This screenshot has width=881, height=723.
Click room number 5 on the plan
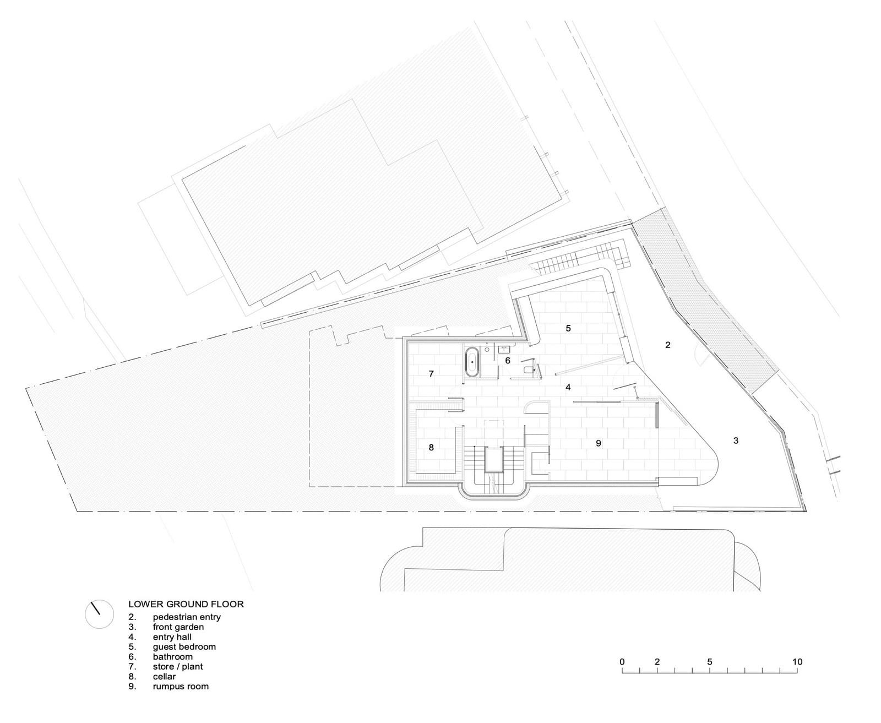click(568, 328)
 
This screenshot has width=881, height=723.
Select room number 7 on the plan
click(432, 374)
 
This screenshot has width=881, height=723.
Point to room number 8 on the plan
click(432, 447)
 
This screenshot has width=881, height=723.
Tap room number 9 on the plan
click(599, 443)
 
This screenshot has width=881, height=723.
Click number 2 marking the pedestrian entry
click(667, 345)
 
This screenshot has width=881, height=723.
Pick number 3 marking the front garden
click(736, 440)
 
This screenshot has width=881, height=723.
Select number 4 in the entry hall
click(568, 387)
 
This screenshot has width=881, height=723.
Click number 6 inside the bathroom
click(508, 361)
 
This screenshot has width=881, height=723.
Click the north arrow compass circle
click(100, 614)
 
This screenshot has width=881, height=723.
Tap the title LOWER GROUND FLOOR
click(186, 604)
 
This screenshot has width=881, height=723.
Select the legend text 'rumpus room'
click(181, 686)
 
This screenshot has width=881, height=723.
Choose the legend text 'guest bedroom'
click(184, 646)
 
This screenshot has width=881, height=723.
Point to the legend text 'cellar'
click(164, 676)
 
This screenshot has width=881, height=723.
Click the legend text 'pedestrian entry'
click(187, 617)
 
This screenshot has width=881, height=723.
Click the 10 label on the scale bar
click(797, 661)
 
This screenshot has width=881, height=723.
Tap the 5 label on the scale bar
click(710, 661)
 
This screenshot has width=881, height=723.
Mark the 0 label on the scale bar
click(622, 661)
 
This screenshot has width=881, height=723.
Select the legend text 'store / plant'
click(177, 666)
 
